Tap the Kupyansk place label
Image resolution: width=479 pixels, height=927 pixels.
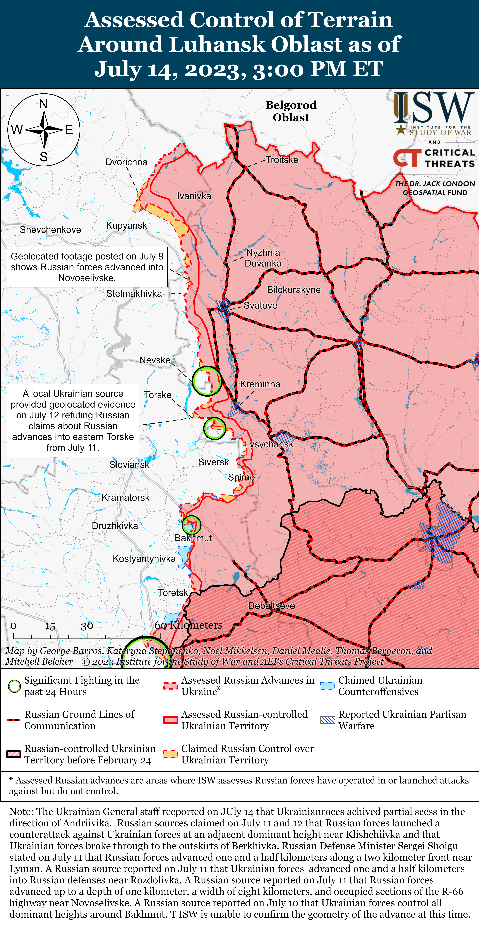126,226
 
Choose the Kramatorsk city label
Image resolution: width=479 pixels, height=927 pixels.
125,498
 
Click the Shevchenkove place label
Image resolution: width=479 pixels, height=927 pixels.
50,230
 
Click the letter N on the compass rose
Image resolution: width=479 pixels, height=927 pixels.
44,104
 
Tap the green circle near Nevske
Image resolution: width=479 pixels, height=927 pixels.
207,381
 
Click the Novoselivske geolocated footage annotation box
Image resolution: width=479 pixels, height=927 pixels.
87,267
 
